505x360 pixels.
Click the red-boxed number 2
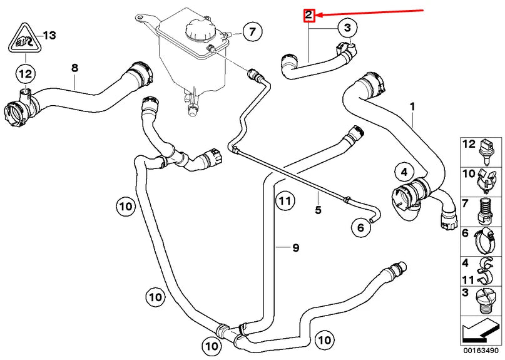pyautogui.click(x=309, y=14)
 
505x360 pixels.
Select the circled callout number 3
pyautogui.click(x=348, y=27)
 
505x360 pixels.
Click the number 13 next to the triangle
pyautogui.click(x=49, y=35)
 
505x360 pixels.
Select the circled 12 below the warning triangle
pyautogui.click(x=24, y=74)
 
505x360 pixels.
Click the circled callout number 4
pyautogui.click(x=404, y=171)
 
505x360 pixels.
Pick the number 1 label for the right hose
pyautogui.click(x=412, y=106)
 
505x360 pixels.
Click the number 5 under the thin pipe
pyautogui.click(x=318, y=210)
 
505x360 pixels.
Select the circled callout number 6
pyautogui.click(x=360, y=228)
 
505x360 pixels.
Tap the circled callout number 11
pyautogui.click(x=285, y=202)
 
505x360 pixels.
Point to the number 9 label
pyautogui.click(x=296, y=248)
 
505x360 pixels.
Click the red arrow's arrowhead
pyautogui.click(x=318, y=14)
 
